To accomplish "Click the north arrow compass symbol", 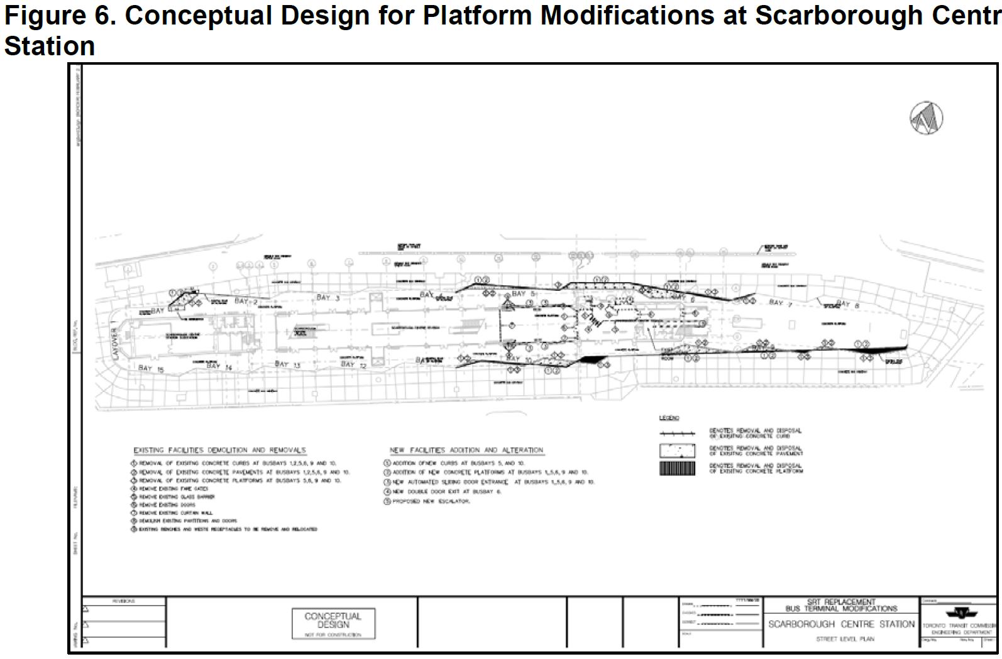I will pyautogui.click(x=927, y=117).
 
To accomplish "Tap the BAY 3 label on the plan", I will pyautogui.click(x=328, y=297).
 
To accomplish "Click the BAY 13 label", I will pyautogui.click(x=287, y=364).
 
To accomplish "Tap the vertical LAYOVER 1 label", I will pyautogui.click(x=114, y=342).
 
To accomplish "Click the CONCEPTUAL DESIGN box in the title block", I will pyautogui.click(x=333, y=623).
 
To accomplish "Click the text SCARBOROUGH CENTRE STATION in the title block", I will pyautogui.click(x=841, y=624).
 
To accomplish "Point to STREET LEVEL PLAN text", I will pyautogui.click(x=841, y=639).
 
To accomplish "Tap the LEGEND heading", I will pyautogui.click(x=669, y=418).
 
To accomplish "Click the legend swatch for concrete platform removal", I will pyautogui.click(x=677, y=468).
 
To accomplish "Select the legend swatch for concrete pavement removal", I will pyautogui.click(x=677, y=451).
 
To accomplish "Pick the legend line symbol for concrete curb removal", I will pyautogui.click(x=677, y=433).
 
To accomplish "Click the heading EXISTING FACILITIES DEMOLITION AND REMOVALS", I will pyautogui.click(x=219, y=450).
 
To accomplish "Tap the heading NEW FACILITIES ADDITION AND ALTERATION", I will pyautogui.click(x=466, y=450).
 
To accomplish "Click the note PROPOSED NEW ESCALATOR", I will pyautogui.click(x=431, y=501).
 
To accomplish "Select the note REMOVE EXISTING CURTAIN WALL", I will pyautogui.click(x=175, y=513).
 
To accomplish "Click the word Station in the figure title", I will pyautogui.click(x=49, y=46).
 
